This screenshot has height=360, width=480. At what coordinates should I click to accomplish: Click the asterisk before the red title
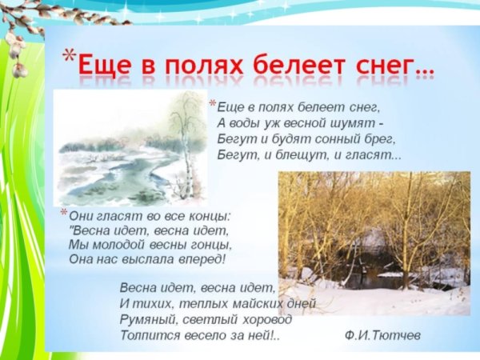pyautogui.click(x=70, y=56)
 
